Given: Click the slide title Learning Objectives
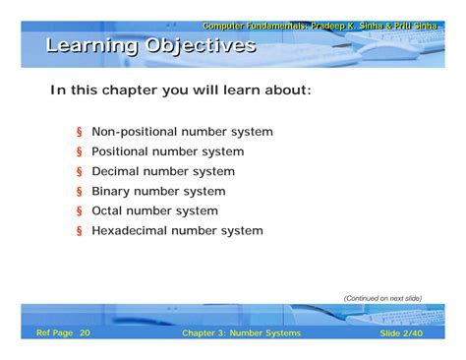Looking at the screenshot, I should [x=150, y=46].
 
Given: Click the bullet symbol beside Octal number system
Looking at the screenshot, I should [x=79, y=211].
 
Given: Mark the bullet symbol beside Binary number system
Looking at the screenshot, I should [x=79, y=192].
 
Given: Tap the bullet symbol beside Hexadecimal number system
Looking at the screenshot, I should [x=79, y=232].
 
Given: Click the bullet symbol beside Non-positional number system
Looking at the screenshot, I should [x=79, y=133].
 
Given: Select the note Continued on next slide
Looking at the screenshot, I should [x=382, y=298].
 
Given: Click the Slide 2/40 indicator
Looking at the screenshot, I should [x=401, y=333].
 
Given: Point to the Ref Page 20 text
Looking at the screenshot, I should [x=63, y=333].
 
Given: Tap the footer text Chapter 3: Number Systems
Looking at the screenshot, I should [x=241, y=333].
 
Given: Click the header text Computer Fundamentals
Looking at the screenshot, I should [x=254, y=26].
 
